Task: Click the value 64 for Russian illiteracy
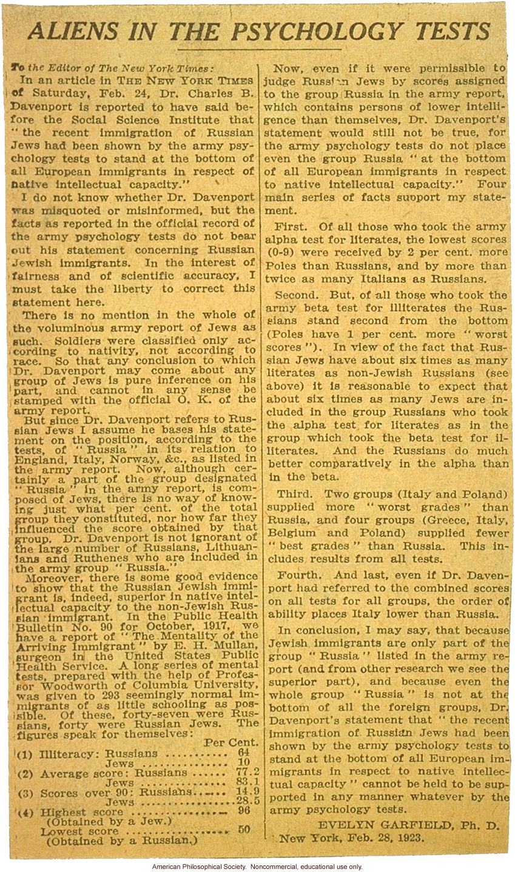point(244,752)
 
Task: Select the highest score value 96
point(244,811)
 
